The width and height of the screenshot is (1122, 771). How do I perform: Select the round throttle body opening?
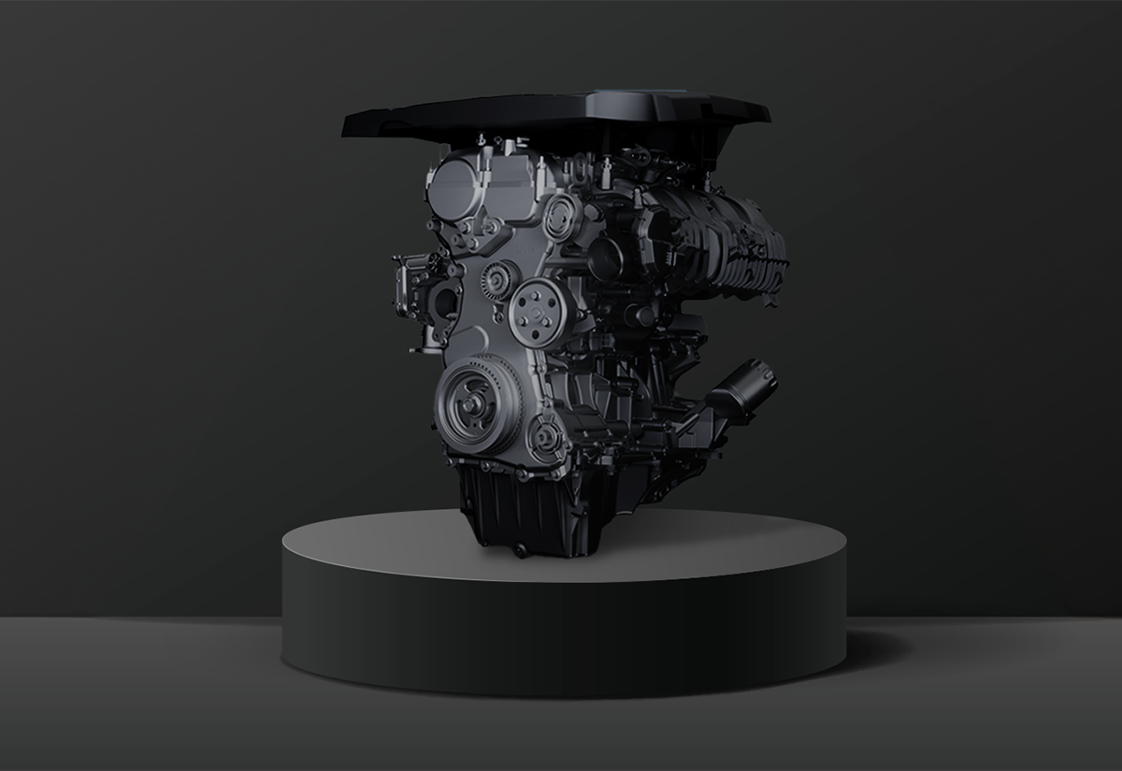(608, 256)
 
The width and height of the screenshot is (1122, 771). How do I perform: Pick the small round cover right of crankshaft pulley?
(545, 436)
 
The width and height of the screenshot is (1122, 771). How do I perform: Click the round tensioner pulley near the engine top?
(562, 216)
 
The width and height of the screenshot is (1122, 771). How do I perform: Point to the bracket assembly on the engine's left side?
(425, 295)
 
